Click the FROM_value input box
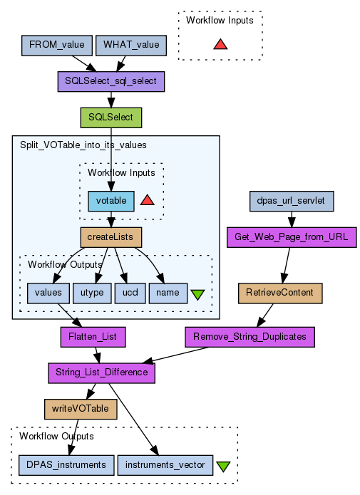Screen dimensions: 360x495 tap(57, 46)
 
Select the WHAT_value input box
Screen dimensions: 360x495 tap(131, 46)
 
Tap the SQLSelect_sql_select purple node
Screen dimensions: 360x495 tap(111, 82)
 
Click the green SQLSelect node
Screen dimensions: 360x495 tap(111, 118)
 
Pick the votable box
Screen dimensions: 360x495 tap(111, 201)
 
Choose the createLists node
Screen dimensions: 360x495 tap(111, 237)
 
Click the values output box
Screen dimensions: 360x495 tap(48, 293)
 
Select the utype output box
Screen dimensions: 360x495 tap(92, 293)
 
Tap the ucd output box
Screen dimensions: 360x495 tap(130, 293)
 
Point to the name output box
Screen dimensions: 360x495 tap(168, 293)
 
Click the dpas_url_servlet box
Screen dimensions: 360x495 tap(292, 201)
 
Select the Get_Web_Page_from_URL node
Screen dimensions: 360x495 tap(292, 237)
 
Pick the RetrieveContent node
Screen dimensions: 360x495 tap(280, 293)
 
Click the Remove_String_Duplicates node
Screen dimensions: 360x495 tap(250, 337)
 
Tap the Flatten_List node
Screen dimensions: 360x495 tap(93, 337)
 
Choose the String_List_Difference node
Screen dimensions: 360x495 tap(101, 373)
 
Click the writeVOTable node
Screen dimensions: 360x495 tap(81, 409)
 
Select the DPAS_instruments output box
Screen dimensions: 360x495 tap(66, 465)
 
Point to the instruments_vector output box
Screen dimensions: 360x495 tap(165, 465)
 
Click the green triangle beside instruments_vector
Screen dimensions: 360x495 tap(223, 467)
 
